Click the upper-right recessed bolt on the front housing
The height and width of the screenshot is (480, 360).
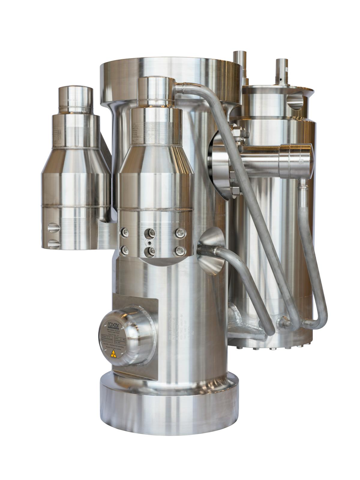(179, 232)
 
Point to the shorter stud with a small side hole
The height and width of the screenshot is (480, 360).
(282, 72)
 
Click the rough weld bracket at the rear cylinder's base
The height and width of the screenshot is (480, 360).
(240, 321)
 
